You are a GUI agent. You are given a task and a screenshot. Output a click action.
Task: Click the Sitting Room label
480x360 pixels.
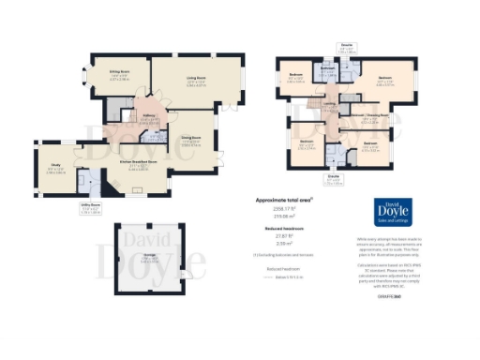119,71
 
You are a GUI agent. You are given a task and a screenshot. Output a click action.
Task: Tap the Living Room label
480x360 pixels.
195,81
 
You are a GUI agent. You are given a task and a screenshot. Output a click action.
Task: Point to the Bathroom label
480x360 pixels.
327,68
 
